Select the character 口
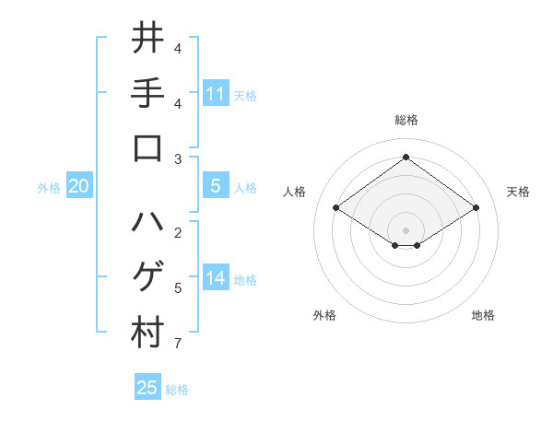click(147, 148)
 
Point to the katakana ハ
click(147, 222)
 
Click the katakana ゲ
click(147, 277)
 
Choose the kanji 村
click(147, 333)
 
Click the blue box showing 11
click(216, 93)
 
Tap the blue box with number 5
click(216, 186)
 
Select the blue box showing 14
click(216, 278)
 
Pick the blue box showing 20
click(79, 186)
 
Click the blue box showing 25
click(147, 388)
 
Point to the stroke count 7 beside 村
click(178, 345)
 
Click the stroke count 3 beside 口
click(178, 159)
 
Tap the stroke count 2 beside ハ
click(178, 232)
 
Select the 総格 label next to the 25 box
click(177, 390)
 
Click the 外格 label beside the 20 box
click(49, 188)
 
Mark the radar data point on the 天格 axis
click(476, 208)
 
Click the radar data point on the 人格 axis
click(335, 208)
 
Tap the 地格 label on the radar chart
click(483, 315)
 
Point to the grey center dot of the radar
click(406, 228)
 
